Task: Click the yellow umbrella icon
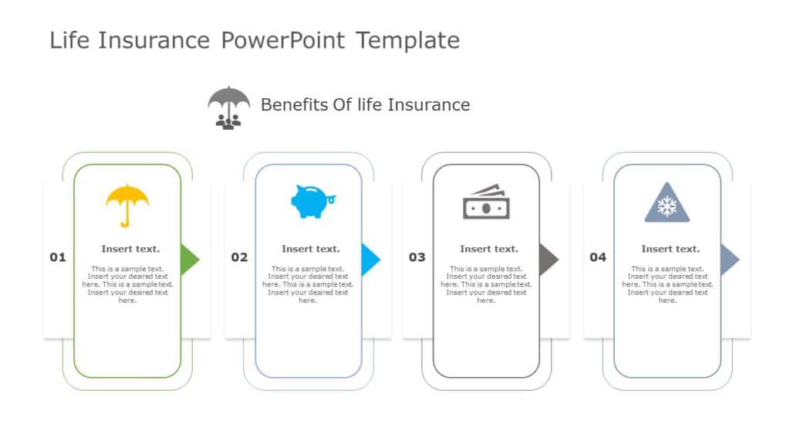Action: click(127, 205)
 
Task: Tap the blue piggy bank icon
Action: click(312, 202)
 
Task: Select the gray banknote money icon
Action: click(486, 202)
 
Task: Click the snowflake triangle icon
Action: click(667, 204)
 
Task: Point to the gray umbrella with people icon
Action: click(229, 107)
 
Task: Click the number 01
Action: click(58, 257)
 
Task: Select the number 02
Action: click(239, 257)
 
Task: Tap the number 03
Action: click(417, 257)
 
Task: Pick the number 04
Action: click(598, 257)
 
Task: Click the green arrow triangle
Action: click(188, 260)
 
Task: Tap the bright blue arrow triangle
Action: click(370, 260)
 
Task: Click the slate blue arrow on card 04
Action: click(728, 260)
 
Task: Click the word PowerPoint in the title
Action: click(283, 40)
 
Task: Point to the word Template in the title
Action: click(407, 40)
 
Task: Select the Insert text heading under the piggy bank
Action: click(310, 249)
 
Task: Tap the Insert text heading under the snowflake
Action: click(670, 249)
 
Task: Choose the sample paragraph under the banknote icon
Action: click(486, 284)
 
